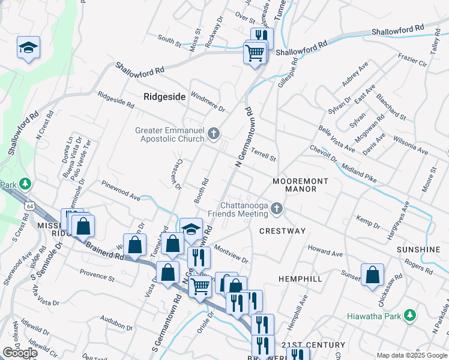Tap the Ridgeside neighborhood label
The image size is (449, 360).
tap(164, 96)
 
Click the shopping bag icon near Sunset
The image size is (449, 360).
tap(373, 274)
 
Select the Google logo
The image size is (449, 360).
tap(20, 353)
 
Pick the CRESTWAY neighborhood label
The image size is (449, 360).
tap(283, 231)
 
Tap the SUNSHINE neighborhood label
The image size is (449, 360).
tap(419, 249)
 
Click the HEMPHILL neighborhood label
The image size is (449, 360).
tap(300, 279)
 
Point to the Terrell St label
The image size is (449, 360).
tap(264, 155)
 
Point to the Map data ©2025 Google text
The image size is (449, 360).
tap(412, 355)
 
